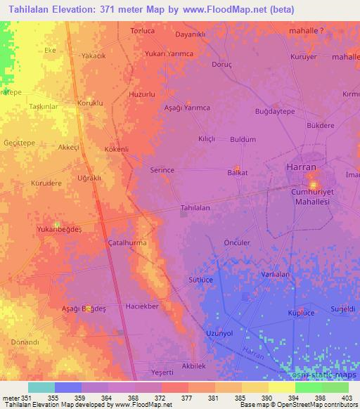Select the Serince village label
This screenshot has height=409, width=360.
(x=162, y=170)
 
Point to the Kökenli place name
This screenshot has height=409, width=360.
(x=116, y=149)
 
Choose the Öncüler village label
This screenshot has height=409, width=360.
(x=236, y=242)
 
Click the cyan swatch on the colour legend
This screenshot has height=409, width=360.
(x=41, y=387)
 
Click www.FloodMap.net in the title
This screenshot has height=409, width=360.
(x=226, y=9)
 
